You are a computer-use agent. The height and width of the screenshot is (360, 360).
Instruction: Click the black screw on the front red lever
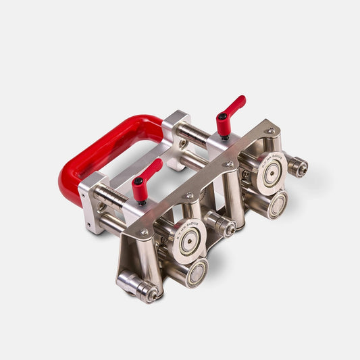[x=138, y=181]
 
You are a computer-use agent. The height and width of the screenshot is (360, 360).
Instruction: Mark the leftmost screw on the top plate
[x=144, y=232]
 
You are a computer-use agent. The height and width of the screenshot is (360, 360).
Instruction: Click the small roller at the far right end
[x=297, y=166]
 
